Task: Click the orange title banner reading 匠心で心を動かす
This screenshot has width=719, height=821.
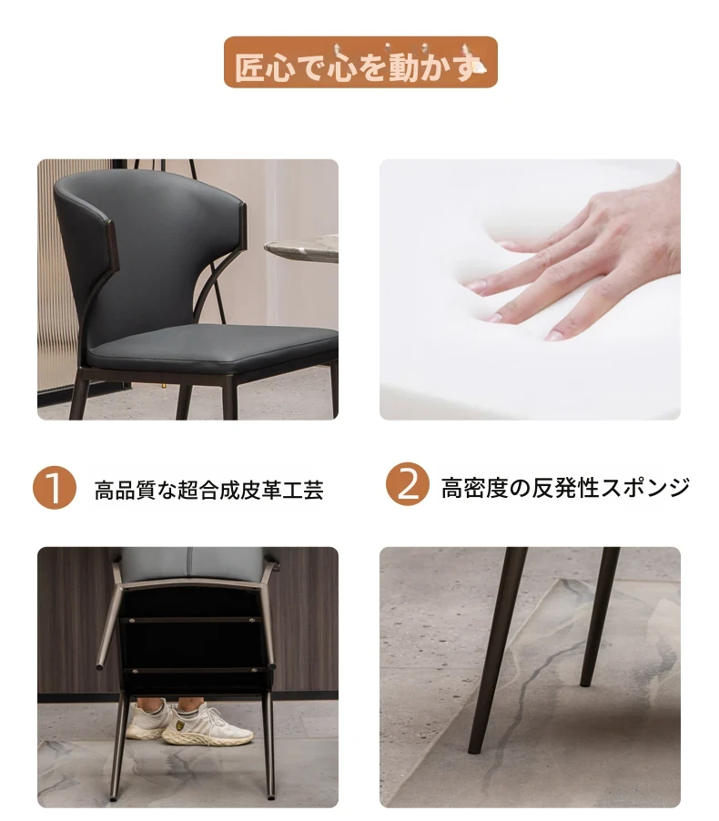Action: pyautogui.click(x=360, y=62)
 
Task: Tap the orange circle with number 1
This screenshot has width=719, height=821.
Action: pyautogui.click(x=55, y=488)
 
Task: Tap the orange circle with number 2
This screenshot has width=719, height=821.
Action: pyautogui.click(x=408, y=484)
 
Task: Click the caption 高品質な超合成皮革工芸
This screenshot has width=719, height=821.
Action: pyautogui.click(x=208, y=490)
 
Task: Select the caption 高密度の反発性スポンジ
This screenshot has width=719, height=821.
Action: pyautogui.click(x=565, y=488)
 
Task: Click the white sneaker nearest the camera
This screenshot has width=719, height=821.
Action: pyautogui.click(x=207, y=725)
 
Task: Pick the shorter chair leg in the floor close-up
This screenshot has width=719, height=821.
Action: pyautogui.click(x=600, y=616)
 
